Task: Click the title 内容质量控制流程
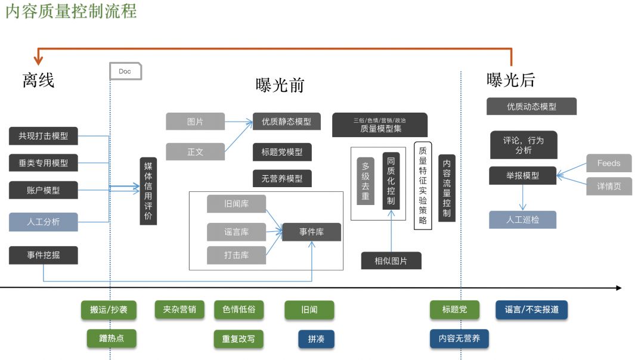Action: (x=71, y=11)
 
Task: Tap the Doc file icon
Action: (x=125, y=71)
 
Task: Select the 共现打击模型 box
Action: (x=44, y=136)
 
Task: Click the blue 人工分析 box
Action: (x=44, y=222)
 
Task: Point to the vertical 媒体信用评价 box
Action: (x=148, y=191)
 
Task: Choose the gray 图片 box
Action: (x=195, y=122)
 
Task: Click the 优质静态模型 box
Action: (x=286, y=122)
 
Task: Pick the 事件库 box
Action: (x=311, y=232)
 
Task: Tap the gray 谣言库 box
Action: (x=236, y=232)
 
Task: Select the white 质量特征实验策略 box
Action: (x=422, y=185)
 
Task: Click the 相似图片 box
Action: (x=391, y=261)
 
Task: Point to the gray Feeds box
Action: (x=608, y=163)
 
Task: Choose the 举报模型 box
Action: (x=522, y=175)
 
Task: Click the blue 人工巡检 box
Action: (x=522, y=219)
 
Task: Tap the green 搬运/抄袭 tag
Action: (x=109, y=310)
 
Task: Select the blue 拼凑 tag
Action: (x=316, y=339)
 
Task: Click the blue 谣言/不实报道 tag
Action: (x=531, y=310)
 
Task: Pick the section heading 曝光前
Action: (x=280, y=86)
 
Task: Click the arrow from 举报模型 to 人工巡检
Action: (x=523, y=197)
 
